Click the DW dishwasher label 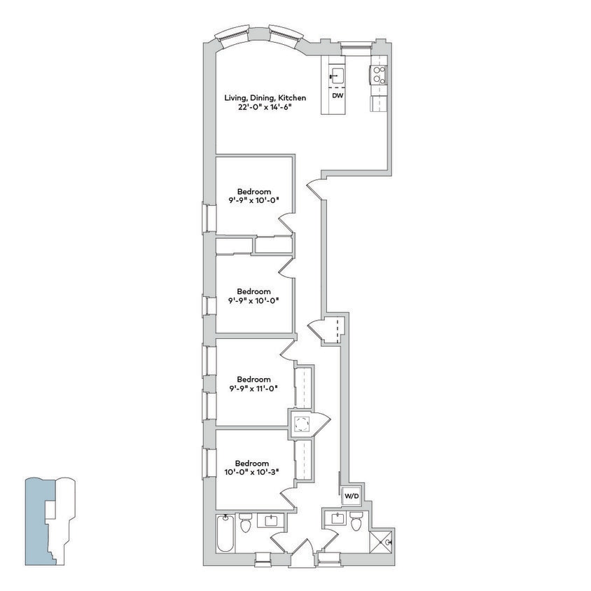(337, 95)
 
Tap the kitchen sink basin (337, 75)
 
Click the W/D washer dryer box (351, 496)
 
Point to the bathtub (225, 535)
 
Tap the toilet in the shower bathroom (356, 522)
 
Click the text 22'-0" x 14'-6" (254, 107)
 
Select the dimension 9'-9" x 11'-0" (253, 389)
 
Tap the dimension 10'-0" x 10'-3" (252, 472)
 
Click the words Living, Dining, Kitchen (255, 97)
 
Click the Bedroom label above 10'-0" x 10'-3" (252, 463)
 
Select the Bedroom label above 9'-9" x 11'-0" (253, 380)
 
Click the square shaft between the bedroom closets (303, 424)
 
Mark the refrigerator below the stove (378, 103)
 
